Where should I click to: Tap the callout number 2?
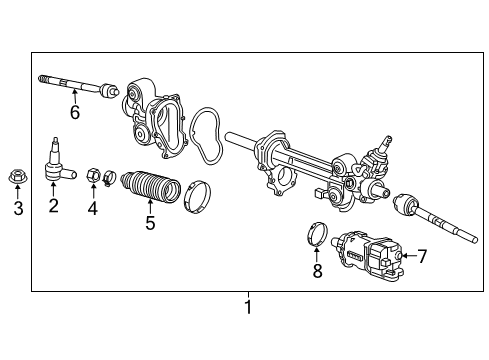pyautogui.click(x=54, y=206)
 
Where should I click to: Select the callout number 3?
pyautogui.click(x=17, y=208)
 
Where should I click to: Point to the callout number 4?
pyautogui.click(x=93, y=208)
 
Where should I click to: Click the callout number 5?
pyautogui.click(x=149, y=222)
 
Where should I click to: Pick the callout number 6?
pyautogui.click(x=74, y=112)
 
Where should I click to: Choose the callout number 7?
pyautogui.click(x=421, y=256)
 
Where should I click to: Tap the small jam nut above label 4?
pyautogui.click(x=92, y=176)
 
